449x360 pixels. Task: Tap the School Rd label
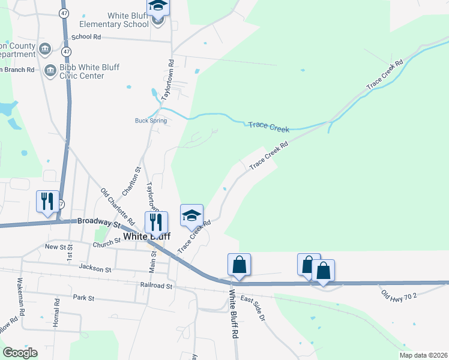pyautogui.click(x=85, y=37)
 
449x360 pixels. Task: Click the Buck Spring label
pyautogui.click(x=151, y=121)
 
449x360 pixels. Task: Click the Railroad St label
pyautogui.click(x=156, y=286)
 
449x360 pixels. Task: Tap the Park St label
pyautogui.click(x=83, y=298)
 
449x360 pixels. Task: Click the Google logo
pyautogui.click(x=20, y=353)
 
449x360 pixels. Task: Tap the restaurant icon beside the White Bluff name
pyautogui.click(x=155, y=221)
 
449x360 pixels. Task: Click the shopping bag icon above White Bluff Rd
pyautogui.click(x=239, y=263)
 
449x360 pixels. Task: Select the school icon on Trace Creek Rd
pyautogui.click(x=192, y=215)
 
